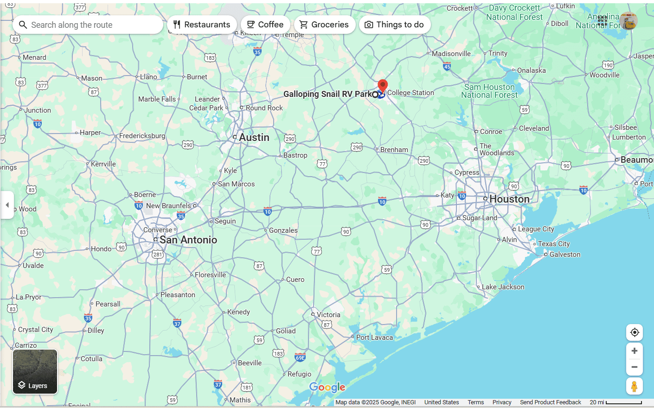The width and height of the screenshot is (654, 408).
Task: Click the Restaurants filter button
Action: [202, 25]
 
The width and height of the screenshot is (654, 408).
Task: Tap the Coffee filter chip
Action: [265, 25]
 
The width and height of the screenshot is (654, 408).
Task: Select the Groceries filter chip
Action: [324, 25]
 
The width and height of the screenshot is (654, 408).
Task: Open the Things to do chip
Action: [395, 25]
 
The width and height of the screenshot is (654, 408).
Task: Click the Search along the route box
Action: [88, 25]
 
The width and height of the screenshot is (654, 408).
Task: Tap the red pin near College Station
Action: [383, 86]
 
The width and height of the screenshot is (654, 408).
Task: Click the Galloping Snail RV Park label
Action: [327, 94]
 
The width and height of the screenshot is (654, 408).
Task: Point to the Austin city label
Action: [254, 137]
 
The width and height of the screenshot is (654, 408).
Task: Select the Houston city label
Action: [509, 199]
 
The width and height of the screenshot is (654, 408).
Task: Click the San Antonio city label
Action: [188, 240]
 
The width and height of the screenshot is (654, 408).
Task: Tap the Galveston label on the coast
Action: [565, 255]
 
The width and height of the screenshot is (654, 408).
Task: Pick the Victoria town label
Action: [328, 315]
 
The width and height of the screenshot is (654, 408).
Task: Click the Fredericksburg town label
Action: [142, 136]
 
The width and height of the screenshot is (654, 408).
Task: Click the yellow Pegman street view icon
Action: [634, 386]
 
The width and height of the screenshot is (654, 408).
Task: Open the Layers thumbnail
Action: [35, 372]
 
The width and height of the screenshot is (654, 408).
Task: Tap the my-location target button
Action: [635, 332]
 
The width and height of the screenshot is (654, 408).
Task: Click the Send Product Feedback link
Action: [550, 402]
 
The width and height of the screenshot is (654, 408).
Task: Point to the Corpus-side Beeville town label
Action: [250, 363]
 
